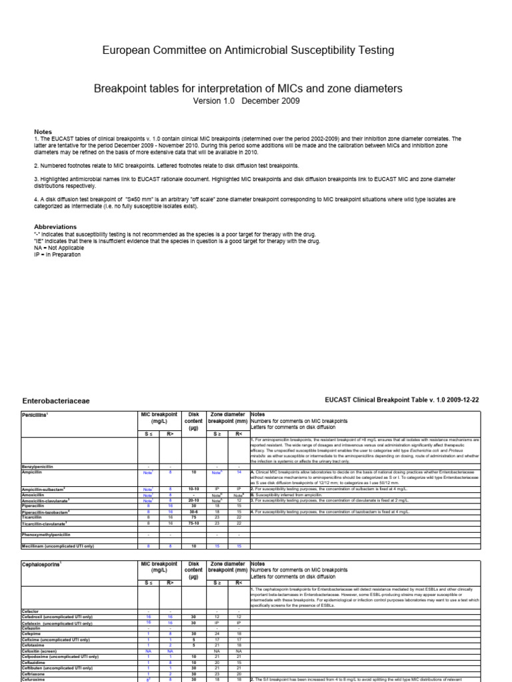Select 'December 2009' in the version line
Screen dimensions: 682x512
[271, 101]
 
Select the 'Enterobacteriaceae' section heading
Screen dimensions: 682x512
[56, 402]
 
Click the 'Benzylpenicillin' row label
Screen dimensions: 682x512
[41, 466]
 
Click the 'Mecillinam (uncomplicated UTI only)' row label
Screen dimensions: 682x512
[59, 546]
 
